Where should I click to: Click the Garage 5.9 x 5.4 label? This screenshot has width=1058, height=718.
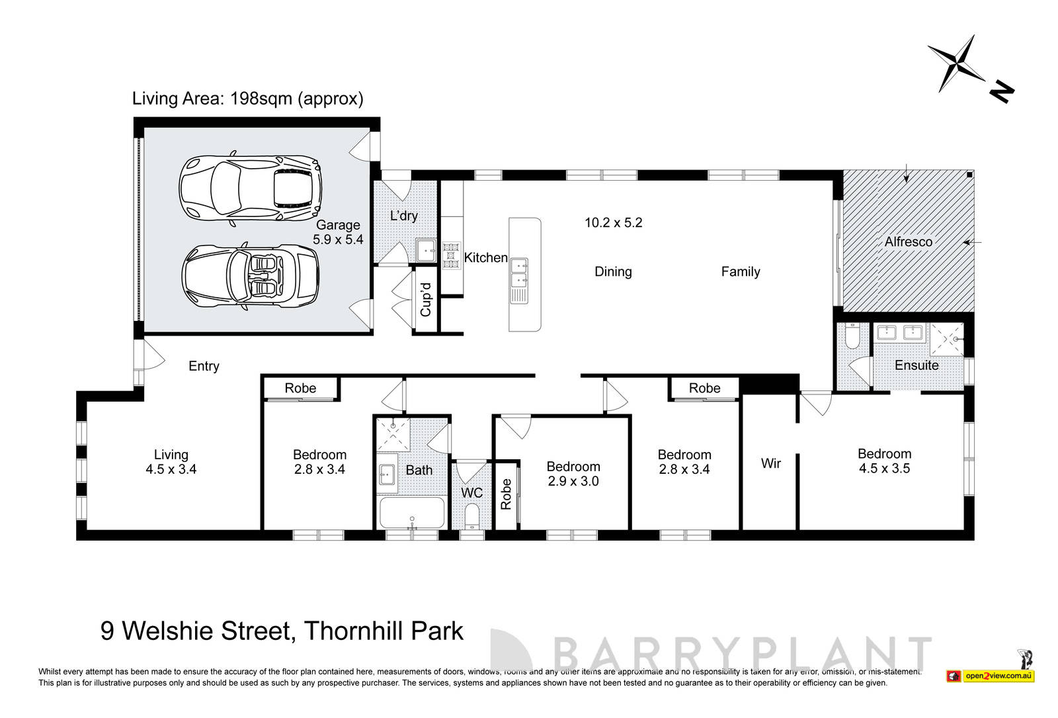(338, 232)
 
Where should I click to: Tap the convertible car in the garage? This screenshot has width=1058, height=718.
(251, 277)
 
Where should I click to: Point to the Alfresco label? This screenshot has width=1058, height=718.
(908, 242)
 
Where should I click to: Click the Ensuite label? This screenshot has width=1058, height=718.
(916, 365)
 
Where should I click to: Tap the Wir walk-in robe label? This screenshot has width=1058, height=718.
(770, 463)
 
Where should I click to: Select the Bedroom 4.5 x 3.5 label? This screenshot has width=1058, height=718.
(884, 461)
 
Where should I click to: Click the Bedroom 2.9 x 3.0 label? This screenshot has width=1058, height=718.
(573, 474)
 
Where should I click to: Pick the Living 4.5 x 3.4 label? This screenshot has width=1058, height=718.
(171, 462)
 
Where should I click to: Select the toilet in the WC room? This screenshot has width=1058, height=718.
(471, 516)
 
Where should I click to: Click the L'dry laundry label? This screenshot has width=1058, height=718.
(403, 216)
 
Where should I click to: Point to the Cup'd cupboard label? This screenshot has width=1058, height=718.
(425, 299)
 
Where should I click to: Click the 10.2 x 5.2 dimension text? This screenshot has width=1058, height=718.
(613, 223)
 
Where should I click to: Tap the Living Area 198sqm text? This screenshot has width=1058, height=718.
(247, 99)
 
